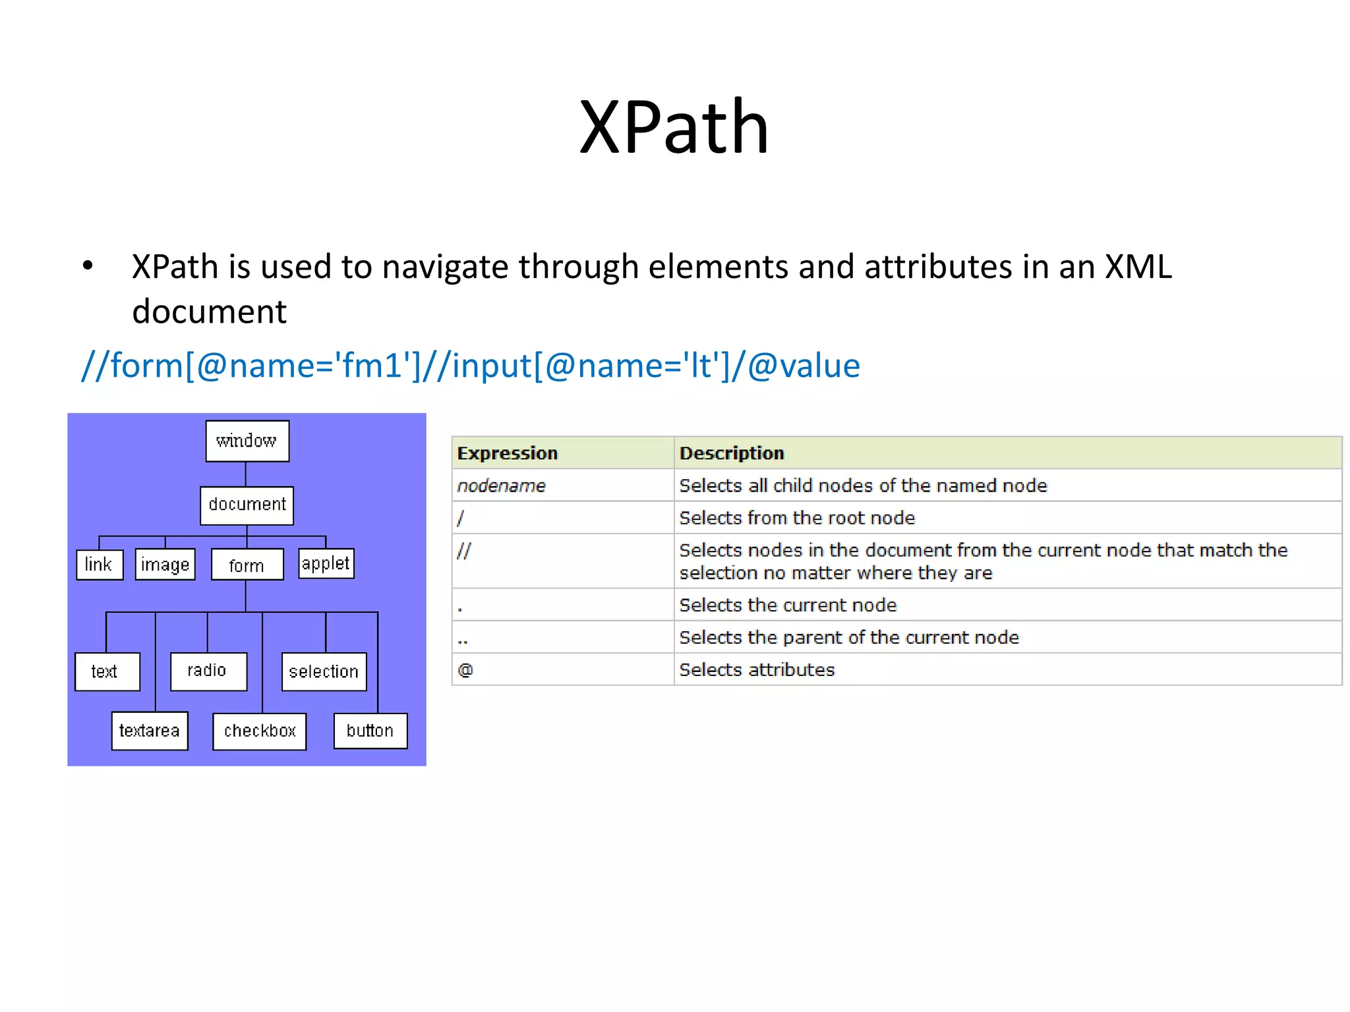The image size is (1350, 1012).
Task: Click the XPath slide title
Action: [674, 126]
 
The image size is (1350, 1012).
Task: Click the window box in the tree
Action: [247, 441]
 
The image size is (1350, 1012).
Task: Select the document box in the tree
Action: [247, 505]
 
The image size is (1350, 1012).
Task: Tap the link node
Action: [100, 565]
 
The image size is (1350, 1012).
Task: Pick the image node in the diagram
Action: [165, 565]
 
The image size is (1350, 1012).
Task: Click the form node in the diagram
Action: [247, 565]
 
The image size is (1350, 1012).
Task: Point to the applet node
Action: [326, 564]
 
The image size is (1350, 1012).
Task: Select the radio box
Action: [208, 671]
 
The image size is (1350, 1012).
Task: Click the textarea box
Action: [150, 731]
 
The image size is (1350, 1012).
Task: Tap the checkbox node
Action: [260, 731]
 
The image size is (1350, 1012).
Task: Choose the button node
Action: [370, 731]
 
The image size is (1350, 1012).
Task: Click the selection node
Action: [324, 671]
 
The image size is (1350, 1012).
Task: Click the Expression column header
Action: [508, 453]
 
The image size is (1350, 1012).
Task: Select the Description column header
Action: [732, 453]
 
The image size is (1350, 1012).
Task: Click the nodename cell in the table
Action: [501, 486]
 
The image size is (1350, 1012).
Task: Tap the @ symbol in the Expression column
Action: [465, 670]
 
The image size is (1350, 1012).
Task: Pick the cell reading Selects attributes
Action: [757, 670]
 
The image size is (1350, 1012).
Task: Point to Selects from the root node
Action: [797, 518]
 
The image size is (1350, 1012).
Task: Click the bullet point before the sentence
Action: [88, 267]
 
